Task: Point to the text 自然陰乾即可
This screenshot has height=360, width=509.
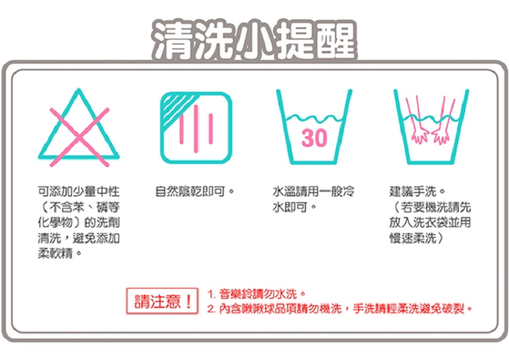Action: (x=192, y=192)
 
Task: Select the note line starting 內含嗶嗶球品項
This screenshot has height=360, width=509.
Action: (x=341, y=308)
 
